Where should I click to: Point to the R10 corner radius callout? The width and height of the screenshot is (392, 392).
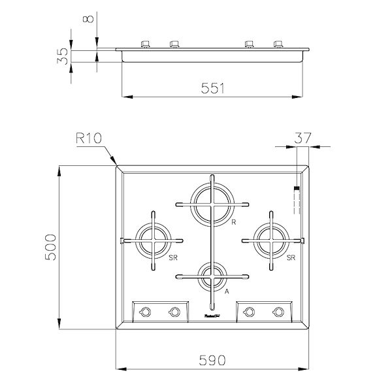point(89,138)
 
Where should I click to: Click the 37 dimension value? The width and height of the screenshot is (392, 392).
point(303,138)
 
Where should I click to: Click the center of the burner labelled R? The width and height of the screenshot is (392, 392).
point(211,203)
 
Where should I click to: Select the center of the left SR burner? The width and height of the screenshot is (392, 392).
point(153,240)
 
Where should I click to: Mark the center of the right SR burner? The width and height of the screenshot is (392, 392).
point(269,240)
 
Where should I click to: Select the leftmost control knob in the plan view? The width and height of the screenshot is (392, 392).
point(146,312)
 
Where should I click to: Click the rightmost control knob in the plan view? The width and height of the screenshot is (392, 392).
point(278,312)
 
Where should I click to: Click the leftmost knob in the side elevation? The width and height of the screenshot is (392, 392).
point(145,44)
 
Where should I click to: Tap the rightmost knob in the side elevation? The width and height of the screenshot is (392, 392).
point(279,44)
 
